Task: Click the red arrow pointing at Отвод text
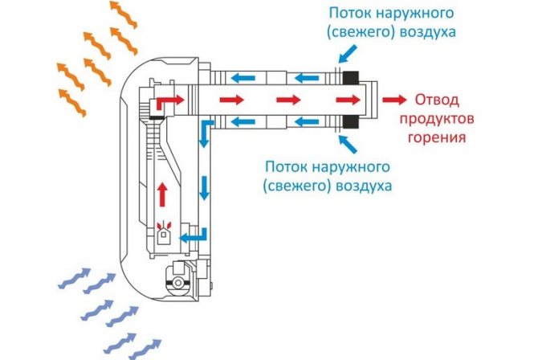[394, 100]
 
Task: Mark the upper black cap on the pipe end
[352, 79]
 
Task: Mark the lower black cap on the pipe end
[352, 121]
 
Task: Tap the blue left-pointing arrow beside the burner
[191, 237]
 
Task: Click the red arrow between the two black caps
[348, 100]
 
